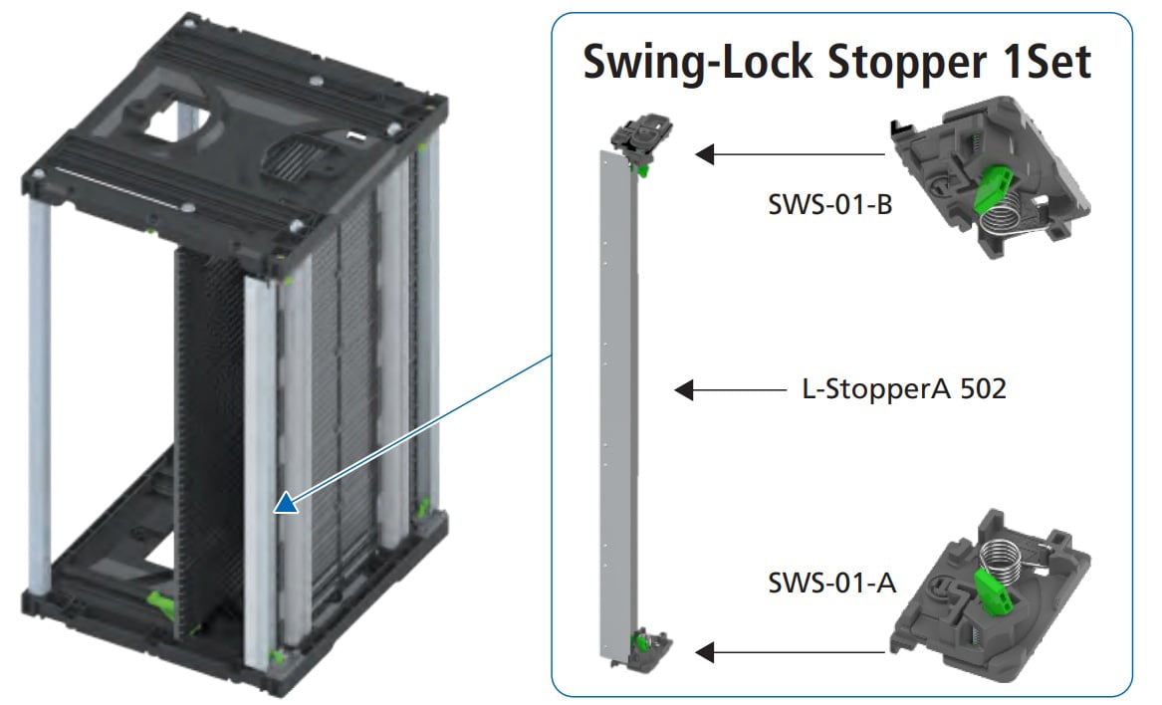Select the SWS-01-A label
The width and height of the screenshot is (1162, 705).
[x=831, y=582]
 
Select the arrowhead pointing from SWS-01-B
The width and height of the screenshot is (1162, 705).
[x=705, y=154]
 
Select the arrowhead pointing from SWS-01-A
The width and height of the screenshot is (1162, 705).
[x=705, y=652]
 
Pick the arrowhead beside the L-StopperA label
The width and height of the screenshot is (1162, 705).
[x=684, y=389]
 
